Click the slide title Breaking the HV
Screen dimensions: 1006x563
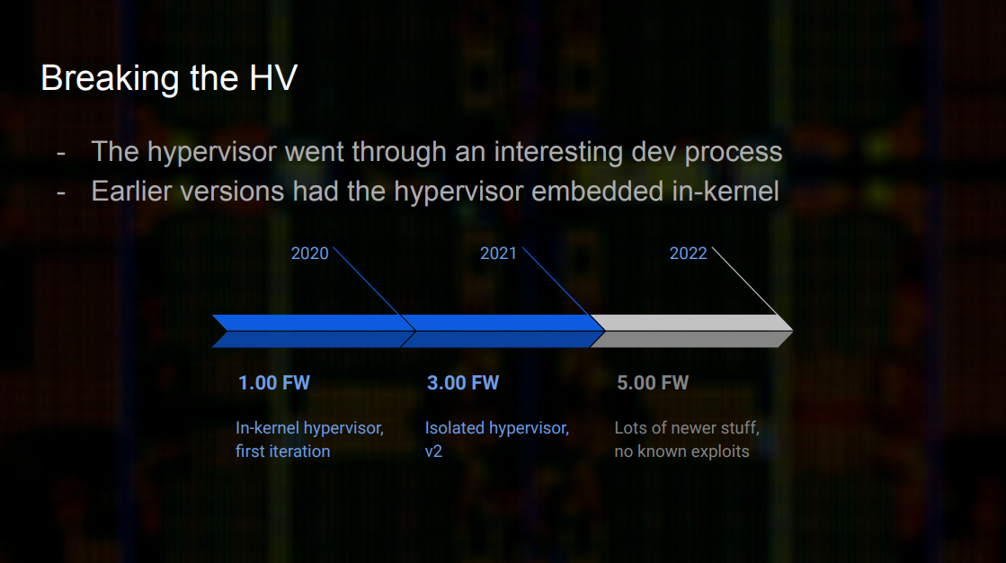click(169, 78)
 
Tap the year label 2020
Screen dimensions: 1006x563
click(309, 254)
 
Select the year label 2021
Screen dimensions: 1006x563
click(499, 254)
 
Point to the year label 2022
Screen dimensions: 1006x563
click(688, 254)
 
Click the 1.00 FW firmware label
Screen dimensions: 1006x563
click(274, 383)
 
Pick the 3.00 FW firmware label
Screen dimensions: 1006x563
click(463, 383)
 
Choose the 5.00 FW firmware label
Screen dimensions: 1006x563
click(653, 383)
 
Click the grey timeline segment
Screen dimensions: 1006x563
click(691, 331)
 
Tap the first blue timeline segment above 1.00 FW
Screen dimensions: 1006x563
click(313, 331)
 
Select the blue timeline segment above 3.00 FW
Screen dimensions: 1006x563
click(503, 331)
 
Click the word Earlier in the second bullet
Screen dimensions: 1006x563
click(133, 192)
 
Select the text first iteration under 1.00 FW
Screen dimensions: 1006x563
click(282, 451)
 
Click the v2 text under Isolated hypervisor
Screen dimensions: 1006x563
click(433, 451)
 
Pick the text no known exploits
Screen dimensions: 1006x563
click(681, 451)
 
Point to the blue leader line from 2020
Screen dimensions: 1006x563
click(366, 281)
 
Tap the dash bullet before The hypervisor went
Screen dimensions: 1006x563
click(61, 154)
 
